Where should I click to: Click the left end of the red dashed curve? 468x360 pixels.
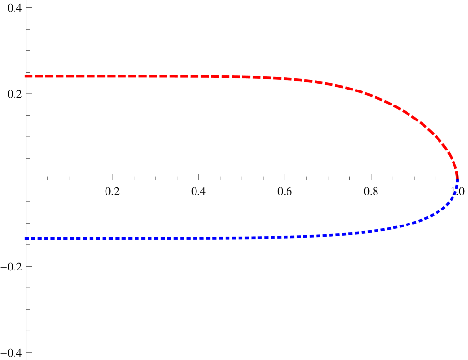tap(25, 76)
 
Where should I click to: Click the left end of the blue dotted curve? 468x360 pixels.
tap(25, 238)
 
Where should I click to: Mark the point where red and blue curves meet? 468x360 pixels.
tap(457, 180)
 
